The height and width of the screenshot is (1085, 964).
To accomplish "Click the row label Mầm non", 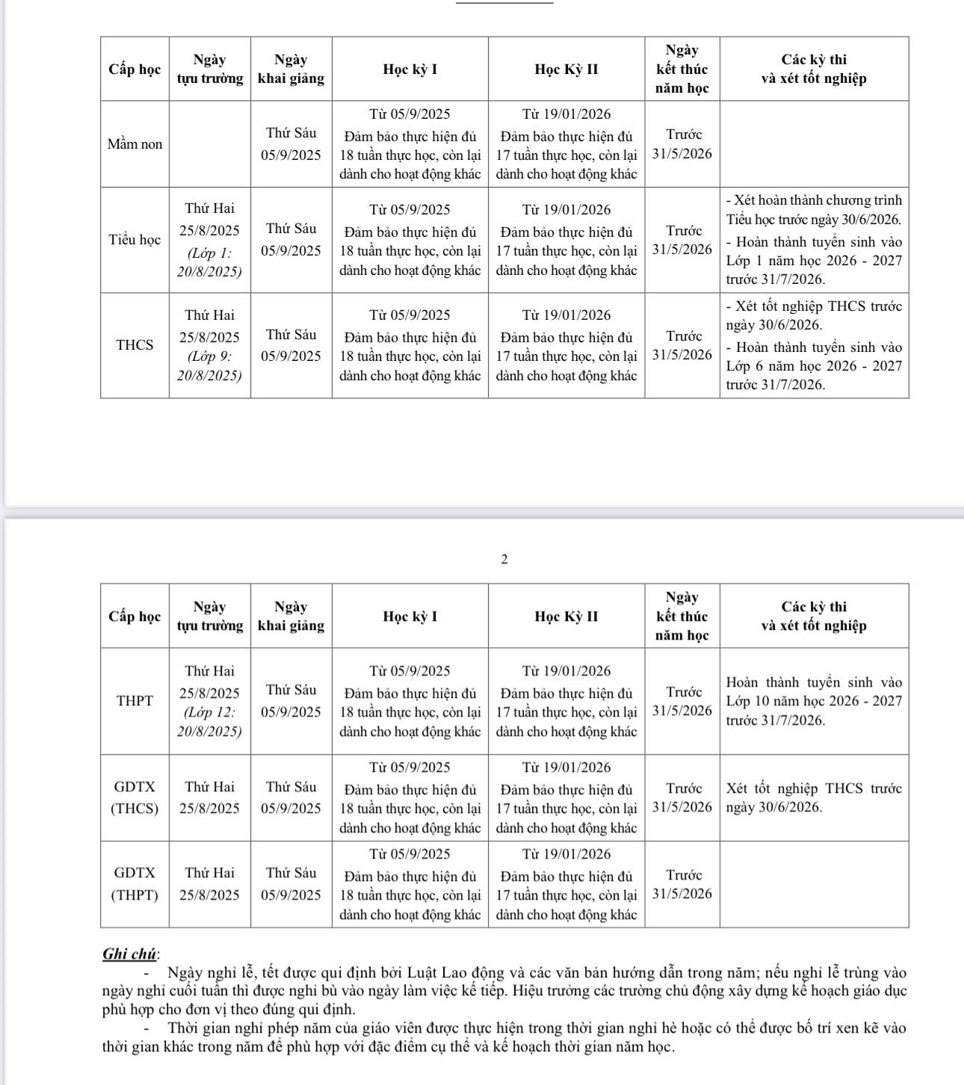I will (x=135, y=144).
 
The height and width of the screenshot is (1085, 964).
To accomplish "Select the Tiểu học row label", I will (x=135, y=240).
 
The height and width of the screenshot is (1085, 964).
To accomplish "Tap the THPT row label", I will (x=135, y=701).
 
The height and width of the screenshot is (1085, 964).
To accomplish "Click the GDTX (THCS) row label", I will (x=135, y=797).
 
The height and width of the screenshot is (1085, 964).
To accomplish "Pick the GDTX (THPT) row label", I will (x=135, y=884).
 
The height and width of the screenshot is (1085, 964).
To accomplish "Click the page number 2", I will (x=504, y=559).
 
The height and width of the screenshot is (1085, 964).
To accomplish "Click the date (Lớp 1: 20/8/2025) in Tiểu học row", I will (x=209, y=262).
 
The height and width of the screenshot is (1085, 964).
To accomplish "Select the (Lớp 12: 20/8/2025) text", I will (x=209, y=722).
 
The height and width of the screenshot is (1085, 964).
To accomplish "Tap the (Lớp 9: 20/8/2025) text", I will (x=209, y=366).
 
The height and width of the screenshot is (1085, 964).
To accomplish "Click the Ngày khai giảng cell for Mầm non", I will (x=291, y=144).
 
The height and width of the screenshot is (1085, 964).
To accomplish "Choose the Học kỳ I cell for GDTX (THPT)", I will (x=410, y=884).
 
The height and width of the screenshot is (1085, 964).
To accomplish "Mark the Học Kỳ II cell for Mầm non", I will (x=566, y=144).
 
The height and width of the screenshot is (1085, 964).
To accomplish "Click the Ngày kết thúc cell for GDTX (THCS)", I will (x=682, y=797).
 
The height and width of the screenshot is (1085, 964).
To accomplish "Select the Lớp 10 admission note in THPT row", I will (x=814, y=701).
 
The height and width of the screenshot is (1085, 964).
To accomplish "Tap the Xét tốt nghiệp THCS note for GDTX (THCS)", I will (x=814, y=797).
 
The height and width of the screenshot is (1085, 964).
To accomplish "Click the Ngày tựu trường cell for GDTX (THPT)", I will (x=209, y=884).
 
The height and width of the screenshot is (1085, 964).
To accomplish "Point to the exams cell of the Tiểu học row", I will (x=814, y=240).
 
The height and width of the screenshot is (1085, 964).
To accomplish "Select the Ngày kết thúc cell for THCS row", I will (x=682, y=345).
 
